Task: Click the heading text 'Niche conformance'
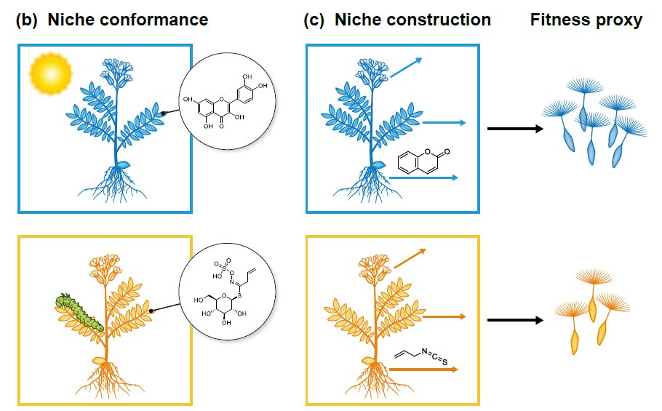coord(128,20)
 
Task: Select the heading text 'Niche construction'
coord(412,20)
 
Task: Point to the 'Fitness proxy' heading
coord(586,20)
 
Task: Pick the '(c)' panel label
coord(315,20)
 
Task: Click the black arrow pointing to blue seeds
coord(514,129)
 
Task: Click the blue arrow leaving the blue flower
coord(406,68)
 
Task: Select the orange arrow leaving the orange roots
coord(423,370)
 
